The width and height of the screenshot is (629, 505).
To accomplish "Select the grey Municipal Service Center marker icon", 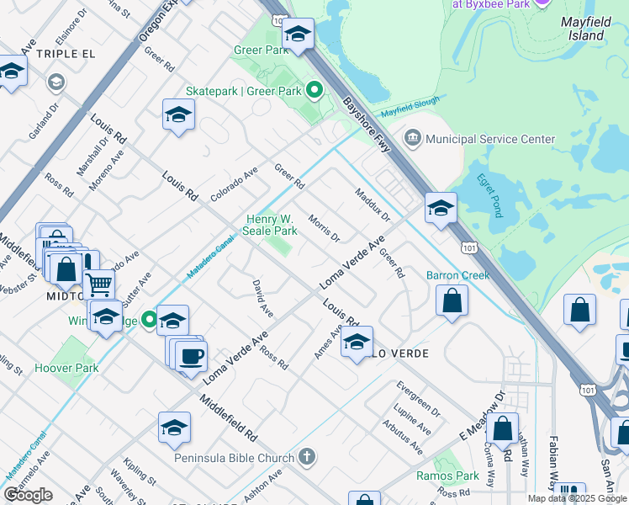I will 413,138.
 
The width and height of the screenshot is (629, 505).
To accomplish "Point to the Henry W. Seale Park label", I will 272,225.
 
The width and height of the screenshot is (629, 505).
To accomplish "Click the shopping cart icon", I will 99,285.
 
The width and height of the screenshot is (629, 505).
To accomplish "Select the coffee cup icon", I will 191,355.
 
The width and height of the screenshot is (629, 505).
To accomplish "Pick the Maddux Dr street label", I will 373,205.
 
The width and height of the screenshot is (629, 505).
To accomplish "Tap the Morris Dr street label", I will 324,226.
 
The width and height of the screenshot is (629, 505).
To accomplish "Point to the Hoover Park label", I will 66,368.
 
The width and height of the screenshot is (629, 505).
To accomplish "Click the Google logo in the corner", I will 28,495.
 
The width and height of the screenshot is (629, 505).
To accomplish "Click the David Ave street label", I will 262,298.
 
